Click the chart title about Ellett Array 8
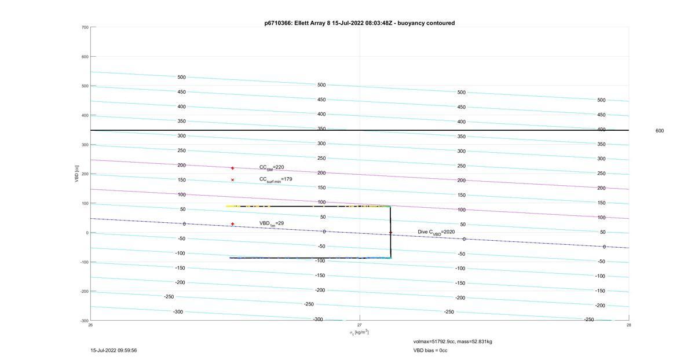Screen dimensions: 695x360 click(360, 23)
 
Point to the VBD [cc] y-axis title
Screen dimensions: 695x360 click(76, 174)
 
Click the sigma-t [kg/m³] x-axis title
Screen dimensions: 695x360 click(359, 332)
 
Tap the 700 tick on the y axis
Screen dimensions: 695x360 click(85, 27)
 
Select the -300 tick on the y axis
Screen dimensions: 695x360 click(85, 321)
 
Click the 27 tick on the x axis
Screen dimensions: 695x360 click(359, 325)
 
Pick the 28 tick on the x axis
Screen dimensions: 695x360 click(628, 325)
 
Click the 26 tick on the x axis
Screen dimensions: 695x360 click(90, 325)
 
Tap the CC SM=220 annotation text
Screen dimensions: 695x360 click(272, 167)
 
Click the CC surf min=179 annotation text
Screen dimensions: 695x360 click(276, 179)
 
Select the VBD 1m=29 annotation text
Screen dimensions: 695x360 click(272, 223)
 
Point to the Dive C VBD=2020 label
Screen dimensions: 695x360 click(436, 232)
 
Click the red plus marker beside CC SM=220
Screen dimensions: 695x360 click(232, 168)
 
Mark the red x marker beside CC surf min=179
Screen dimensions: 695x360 click(232, 180)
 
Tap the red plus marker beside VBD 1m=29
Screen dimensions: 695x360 click(232, 224)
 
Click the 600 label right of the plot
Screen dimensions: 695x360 click(660, 131)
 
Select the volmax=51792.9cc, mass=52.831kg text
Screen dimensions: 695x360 click(453, 341)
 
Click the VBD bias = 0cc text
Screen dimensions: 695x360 click(430, 350)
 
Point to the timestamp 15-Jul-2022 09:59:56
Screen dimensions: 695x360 click(114, 350)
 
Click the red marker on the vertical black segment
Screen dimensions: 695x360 click(390, 233)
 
